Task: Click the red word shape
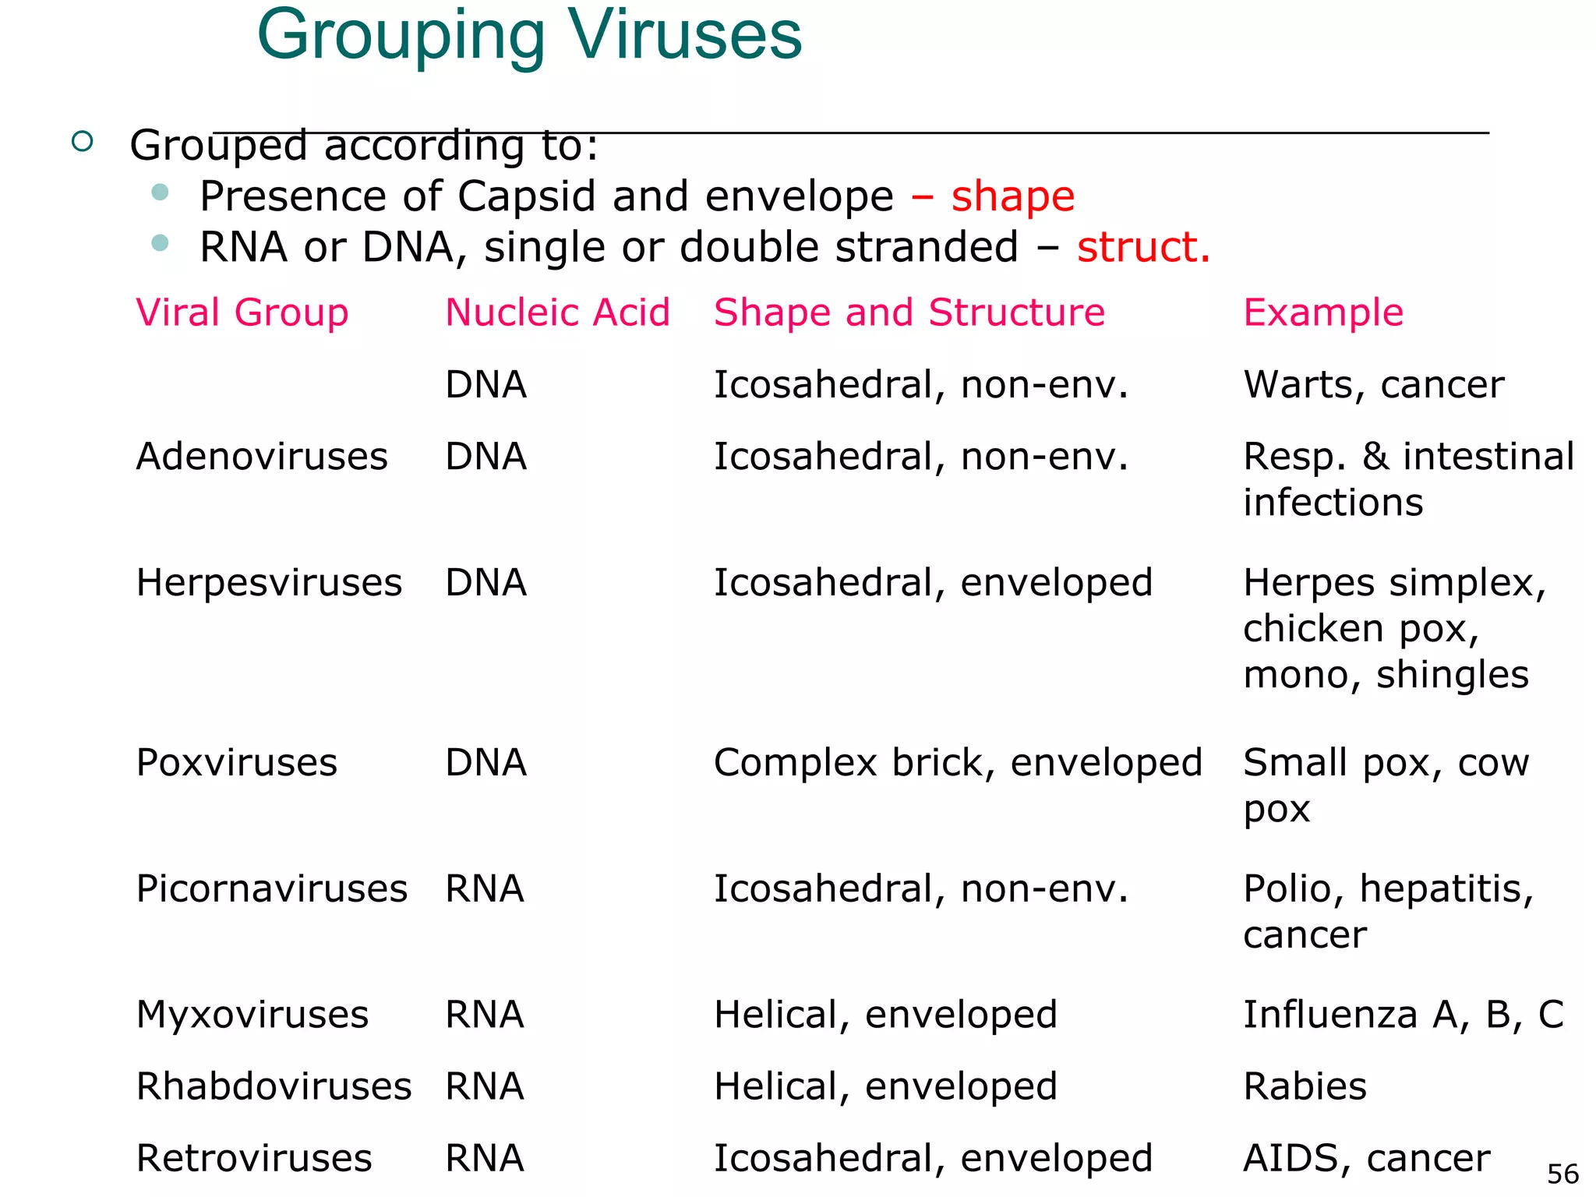1012,196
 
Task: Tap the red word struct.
1143,247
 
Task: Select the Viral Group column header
242,312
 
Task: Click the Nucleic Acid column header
557,312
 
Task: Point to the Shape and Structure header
909,312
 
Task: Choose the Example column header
1322,312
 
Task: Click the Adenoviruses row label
261,457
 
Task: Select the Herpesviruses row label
268,583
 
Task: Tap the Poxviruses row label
236,762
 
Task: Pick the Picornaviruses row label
271,888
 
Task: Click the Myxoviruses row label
252,1015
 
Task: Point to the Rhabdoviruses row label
273,1086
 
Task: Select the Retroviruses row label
253,1158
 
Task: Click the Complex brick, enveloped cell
958,762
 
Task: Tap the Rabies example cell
1305,1086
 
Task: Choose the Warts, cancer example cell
1373,385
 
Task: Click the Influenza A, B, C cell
1403,1015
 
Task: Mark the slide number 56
1562,1174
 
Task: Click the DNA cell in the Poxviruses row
486,762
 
